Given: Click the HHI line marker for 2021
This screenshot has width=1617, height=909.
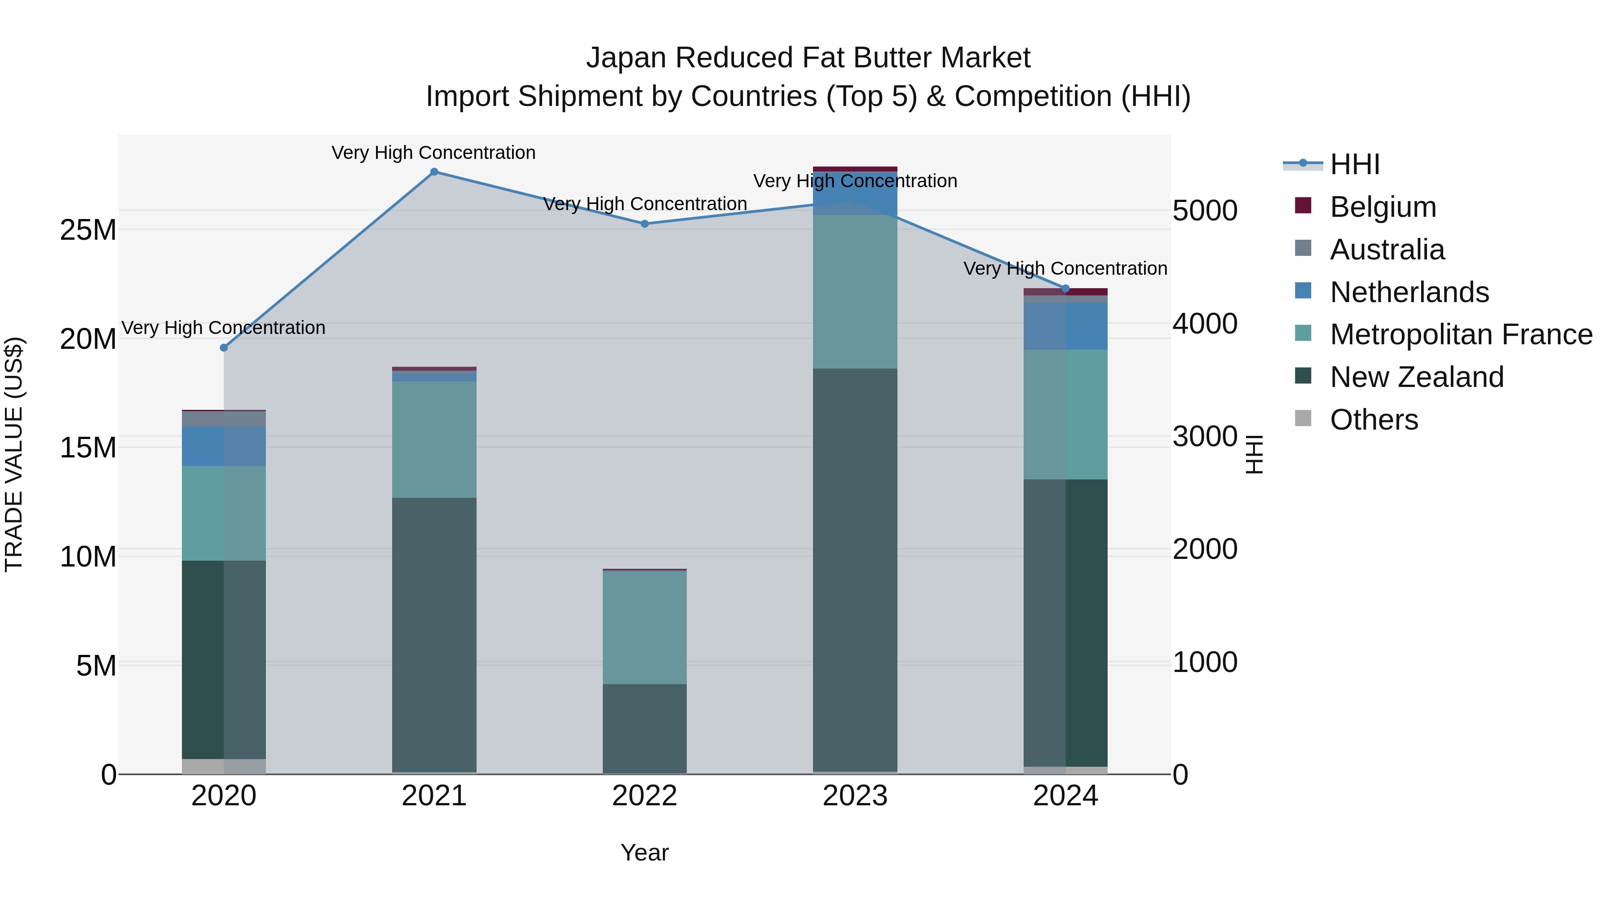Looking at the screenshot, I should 434,172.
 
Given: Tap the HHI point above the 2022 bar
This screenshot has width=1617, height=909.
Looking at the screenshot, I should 645,224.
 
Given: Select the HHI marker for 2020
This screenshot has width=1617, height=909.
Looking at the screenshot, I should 224,347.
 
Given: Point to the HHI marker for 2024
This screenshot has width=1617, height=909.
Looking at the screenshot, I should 1065,289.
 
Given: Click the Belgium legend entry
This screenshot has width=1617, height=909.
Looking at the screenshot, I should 1382,207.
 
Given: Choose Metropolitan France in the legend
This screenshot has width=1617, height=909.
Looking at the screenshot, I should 1461,334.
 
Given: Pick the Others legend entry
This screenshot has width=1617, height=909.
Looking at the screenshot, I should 1374,420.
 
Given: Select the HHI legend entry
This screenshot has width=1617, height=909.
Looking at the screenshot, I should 1355,164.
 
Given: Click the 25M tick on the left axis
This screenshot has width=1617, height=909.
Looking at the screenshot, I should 88,230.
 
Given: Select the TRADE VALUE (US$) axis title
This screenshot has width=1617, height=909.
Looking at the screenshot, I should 14,454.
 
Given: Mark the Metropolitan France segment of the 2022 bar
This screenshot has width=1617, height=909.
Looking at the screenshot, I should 645,628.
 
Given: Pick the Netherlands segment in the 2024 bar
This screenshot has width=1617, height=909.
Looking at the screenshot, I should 1065,326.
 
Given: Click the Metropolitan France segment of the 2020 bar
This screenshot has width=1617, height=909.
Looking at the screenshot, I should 224,513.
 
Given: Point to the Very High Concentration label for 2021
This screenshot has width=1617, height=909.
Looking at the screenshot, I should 434,153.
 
